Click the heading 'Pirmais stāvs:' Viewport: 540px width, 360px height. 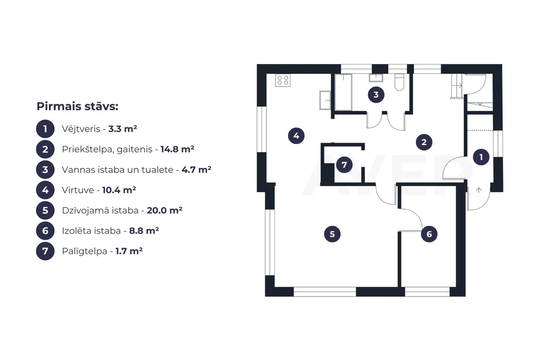(78, 106)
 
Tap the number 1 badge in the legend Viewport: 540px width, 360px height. (45, 129)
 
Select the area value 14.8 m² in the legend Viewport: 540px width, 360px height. (177, 149)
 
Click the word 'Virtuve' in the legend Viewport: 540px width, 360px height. (78, 190)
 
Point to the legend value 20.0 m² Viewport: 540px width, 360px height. (165, 210)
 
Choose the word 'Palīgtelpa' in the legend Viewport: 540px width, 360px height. (84, 251)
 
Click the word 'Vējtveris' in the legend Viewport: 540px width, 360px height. (81, 129)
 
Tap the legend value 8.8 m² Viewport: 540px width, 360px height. (144, 231)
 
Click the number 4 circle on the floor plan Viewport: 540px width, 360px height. (296, 136)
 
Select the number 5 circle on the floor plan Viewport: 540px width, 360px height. (333, 234)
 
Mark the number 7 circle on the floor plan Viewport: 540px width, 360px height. (344, 165)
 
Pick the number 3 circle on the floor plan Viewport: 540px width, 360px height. (376, 95)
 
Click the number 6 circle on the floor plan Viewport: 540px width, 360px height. (429, 234)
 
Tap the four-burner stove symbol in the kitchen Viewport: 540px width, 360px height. (283, 80)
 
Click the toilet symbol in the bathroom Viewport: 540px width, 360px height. (399, 82)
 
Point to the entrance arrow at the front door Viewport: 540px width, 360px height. (479, 190)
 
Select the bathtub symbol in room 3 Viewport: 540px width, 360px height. (343, 92)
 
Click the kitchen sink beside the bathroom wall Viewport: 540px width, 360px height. (325, 100)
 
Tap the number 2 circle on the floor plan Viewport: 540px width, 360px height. (424, 142)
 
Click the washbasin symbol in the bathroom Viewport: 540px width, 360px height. (376, 78)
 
